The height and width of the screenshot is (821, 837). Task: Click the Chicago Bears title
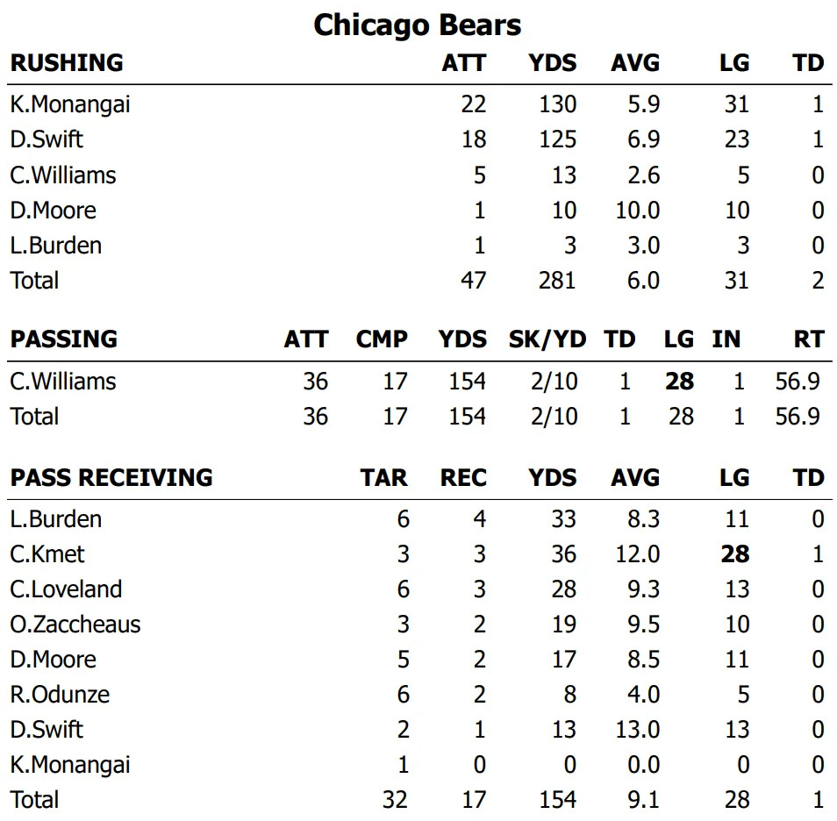(x=418, y=25)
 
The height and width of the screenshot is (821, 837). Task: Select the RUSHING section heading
(x=67, y=63)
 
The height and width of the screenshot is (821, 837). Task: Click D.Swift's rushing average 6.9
(x=642, y=140)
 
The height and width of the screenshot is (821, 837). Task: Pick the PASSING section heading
(x=63, y=339)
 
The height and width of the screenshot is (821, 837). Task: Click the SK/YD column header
(x=547, y=339)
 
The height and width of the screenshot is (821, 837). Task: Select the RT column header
(x=807, y=339)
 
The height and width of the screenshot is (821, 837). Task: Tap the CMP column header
(x=382, y=339)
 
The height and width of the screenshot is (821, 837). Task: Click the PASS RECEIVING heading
(x=111, y=478)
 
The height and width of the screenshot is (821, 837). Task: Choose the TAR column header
(x=383, y=478)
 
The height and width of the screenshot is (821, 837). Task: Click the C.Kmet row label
(x=47, y=554)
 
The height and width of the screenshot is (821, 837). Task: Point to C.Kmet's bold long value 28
(x=735, y=554)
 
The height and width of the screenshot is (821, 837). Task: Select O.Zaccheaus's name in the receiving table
(x=75, y=625)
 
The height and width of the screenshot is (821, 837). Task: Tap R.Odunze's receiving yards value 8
(x=569, y=695)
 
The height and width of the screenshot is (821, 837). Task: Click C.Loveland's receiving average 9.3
(x=642, y=589)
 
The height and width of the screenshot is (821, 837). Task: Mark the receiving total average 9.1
(x=642, y=800)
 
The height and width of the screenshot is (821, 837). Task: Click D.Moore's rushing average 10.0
(x=636, y=211)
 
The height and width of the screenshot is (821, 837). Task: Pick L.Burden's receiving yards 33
(x=562, y=519)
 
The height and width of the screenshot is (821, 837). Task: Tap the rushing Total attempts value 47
(x=473, y=281)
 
